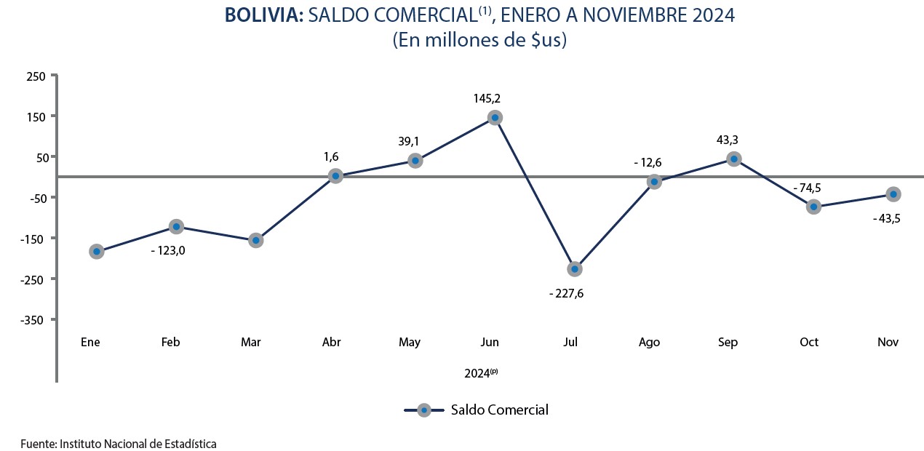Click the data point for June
tap(495, 118)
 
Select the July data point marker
tap(575, 269)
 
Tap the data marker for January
tap(97, 252)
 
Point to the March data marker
tap(256, 240)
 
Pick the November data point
tap(893, 194)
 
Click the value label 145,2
tap(487, 98)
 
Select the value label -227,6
tap(566, 294)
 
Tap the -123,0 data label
tap(168, 251)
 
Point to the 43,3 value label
tap(728, 140)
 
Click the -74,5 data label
tap(807, 188)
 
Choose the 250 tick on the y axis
tap(36, 76)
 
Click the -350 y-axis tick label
tap(32, 320)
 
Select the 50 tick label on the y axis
tap(42, 158)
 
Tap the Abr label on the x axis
tap(331, 342)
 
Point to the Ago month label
tap(649, 343)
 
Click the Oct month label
tap(809, 342)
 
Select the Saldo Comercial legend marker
tap(424, 410)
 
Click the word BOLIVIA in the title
tap(264, 15)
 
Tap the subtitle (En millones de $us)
tap(479, 41)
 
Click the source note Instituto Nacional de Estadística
tap(138, 444)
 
